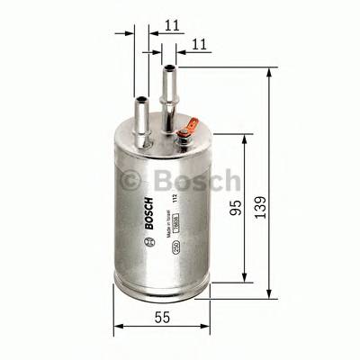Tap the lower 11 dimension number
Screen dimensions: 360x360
click(x=199, y=43)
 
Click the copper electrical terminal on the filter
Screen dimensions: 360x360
click(x=184, y=135)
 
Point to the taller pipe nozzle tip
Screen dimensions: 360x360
click(x=167, y=72)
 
